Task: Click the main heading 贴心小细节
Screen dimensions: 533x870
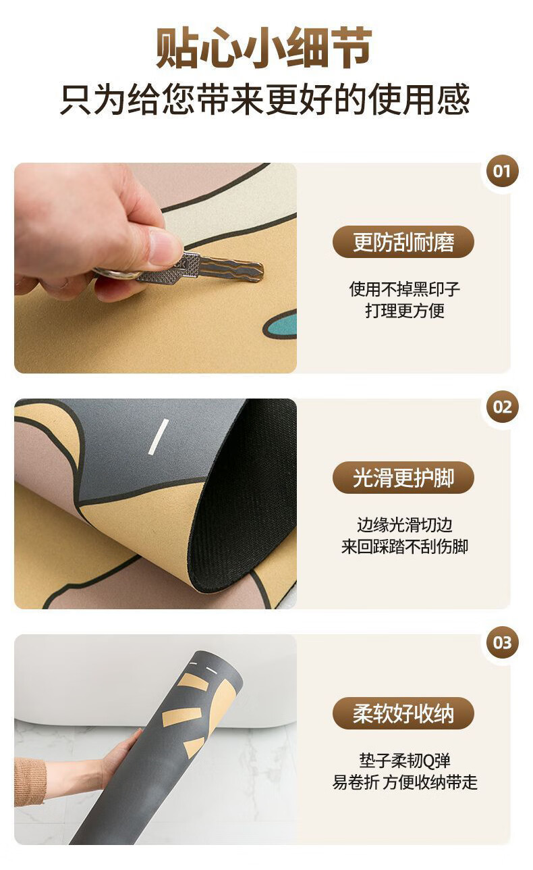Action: pyautogui.click(x=264, y=47)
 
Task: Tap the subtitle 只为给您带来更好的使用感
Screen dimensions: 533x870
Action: pyautogui.click(x=264, y=99)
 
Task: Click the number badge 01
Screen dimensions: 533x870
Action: pyautogui.click(x=502, y=172)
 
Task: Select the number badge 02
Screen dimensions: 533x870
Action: pyautogui.click(x=502, y=407)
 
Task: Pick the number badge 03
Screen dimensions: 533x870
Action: pyautogui.click(x=502, y=643)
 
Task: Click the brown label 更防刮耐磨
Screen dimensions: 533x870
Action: pyautogui.click(x=403, y=242)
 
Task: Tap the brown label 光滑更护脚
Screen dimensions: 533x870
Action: pyautogui.click(x=403, y=478)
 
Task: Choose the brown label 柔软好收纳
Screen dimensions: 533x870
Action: pyautogui.click(x=403, y=713)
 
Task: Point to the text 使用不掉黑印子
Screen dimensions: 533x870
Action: pyautogui.click(x=405, y=289)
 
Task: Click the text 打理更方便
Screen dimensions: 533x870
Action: pyautogui.click(x=405, y=311)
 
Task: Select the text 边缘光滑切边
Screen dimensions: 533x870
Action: pyautogui.click(x=405, y=525)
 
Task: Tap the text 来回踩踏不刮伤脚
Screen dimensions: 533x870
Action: pyautogui.click(x=405, y=546)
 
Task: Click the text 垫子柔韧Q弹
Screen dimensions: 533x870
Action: pyautogui.click(x=405, y=761)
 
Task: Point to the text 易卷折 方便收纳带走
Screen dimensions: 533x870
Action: pyautogui.click(x=405, y=782)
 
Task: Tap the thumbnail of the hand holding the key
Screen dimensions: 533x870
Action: pyautogui.click(x=156, y=268)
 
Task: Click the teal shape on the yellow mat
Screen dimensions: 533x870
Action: pyautogui.click(x=281, y=325)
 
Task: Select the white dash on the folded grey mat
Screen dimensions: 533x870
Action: pyautogui.click(x=159, y=436)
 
